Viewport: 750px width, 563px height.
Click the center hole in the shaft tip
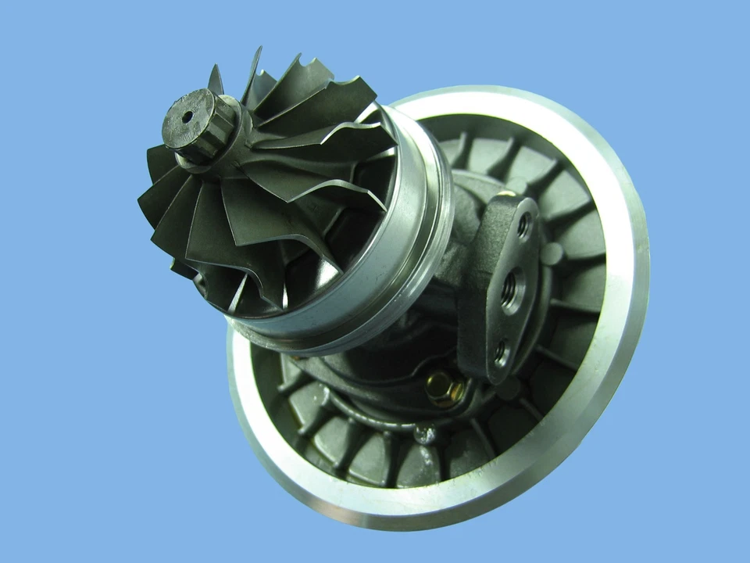click(187, 118)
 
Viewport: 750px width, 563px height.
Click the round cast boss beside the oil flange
click(552, 254)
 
